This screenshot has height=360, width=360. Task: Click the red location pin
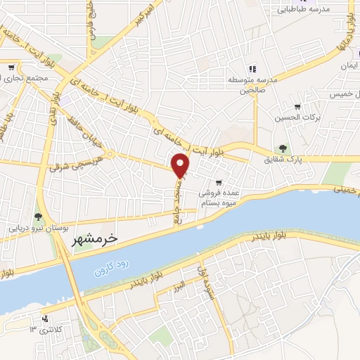(x=181, y=166)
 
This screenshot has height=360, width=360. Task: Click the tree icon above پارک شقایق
(x=283, y=148)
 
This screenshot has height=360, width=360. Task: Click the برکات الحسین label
(x=296, y=117)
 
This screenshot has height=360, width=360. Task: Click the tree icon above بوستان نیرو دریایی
(x=38, y=216)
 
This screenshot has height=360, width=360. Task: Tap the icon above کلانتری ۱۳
(x=46, y=318)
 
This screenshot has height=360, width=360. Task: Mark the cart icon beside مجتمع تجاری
(x=11, y=67)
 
